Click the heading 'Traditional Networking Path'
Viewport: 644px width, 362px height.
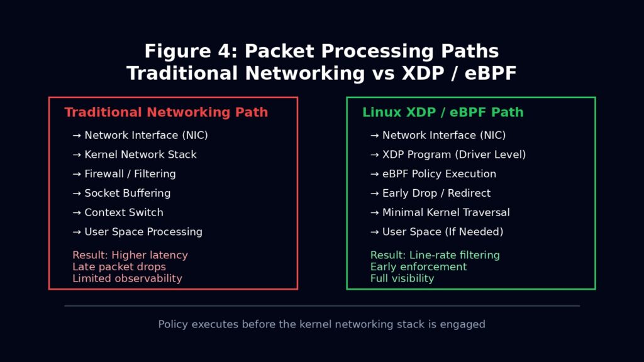166,112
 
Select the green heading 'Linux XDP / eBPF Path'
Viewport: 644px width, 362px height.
443,112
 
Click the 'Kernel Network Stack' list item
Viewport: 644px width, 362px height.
140,155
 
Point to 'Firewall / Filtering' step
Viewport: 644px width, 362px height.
130,173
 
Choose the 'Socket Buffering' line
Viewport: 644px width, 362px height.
127,193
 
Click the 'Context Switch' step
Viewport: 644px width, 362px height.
124,212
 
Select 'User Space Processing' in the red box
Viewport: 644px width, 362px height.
143,232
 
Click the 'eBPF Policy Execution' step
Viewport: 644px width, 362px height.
439,173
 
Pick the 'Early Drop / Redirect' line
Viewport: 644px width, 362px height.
436,193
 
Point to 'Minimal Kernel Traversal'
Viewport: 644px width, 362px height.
446,212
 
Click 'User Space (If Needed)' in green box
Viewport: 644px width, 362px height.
443,232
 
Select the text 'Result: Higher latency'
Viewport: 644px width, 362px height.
130,255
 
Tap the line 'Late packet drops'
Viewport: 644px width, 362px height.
119,266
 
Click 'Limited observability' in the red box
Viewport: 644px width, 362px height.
127,278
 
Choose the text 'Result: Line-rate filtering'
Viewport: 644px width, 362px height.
435,255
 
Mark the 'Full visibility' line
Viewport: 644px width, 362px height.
402,278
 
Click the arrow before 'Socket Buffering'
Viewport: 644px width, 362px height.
77,193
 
